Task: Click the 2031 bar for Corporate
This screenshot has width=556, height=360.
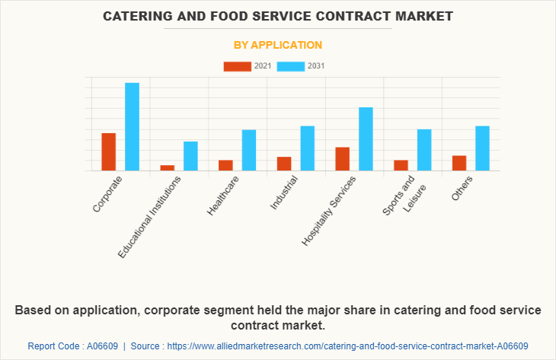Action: [x=132, y=126]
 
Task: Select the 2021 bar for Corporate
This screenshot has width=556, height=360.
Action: [x=109, y=151]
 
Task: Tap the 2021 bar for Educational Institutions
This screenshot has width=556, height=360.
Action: [x=167, y=167]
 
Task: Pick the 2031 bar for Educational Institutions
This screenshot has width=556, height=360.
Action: [x=190, y=156]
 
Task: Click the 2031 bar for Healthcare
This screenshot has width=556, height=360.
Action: [x=249, y=150]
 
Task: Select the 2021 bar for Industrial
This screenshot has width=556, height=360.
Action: [x=284, y=163]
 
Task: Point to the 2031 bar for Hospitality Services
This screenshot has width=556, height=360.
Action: [x=366, y=139]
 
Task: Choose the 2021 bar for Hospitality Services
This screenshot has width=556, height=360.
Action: [x=343, y=158]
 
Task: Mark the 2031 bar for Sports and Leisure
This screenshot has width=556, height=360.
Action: [x=424, y=150]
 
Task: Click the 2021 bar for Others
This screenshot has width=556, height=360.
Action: [x=459, y=163]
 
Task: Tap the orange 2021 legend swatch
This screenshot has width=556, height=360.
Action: [x=237, y=66]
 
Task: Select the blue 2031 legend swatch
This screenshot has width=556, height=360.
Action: [x=291, y=66]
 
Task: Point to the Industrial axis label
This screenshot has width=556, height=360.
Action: [x=283, y=193]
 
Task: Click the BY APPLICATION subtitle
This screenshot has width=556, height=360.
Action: [x=277, y=45]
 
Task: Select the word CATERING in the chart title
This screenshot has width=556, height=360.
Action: [x=144, y=15]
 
